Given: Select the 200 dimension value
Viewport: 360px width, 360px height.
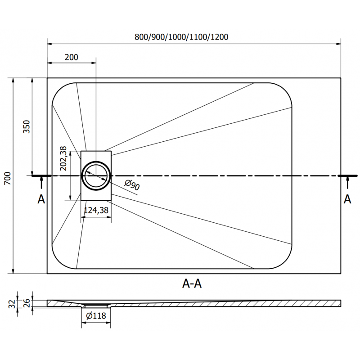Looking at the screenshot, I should pos(71,57).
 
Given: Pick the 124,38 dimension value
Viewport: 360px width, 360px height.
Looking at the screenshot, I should pos(95,210).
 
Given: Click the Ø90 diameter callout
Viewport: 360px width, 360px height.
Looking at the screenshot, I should pos(131,185).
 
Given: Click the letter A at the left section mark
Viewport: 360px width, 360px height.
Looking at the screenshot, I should pos(41,200).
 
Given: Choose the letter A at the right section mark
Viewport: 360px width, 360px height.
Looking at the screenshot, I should pos(347,200).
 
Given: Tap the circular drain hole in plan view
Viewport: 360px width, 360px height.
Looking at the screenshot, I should pos(95,175).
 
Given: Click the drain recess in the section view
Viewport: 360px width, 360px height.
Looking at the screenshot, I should pos(96,305).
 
